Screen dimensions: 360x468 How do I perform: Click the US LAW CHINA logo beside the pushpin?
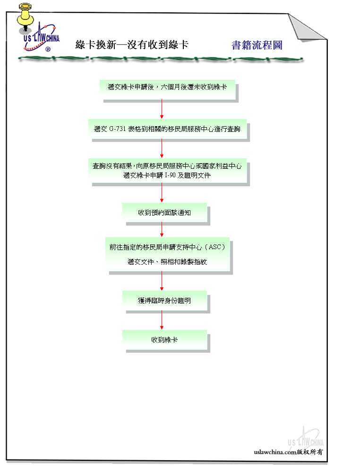coord(42,37)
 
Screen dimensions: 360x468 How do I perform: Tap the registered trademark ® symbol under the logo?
coord(48,49)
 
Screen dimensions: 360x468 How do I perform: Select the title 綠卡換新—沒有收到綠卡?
coord(132,45)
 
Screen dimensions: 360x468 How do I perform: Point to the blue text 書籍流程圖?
coord(257,45)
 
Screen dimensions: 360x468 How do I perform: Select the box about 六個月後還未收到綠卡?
coord(167,89)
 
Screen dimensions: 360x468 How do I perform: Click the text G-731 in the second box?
coord(117,129)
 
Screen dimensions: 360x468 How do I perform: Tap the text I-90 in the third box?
coord(170,175)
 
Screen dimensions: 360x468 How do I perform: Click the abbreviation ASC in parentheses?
coord(215,247)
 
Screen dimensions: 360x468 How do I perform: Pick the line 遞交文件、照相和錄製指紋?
coord(167,262)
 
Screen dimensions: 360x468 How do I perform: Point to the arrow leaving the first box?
coord(162,109)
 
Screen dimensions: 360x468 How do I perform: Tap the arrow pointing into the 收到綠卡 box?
coord(162,320)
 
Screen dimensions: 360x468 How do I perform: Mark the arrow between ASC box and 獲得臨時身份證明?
coord(162,281)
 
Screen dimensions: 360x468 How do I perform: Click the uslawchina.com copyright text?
coord(288,452)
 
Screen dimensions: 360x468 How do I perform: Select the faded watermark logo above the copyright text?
coord(305,438)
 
